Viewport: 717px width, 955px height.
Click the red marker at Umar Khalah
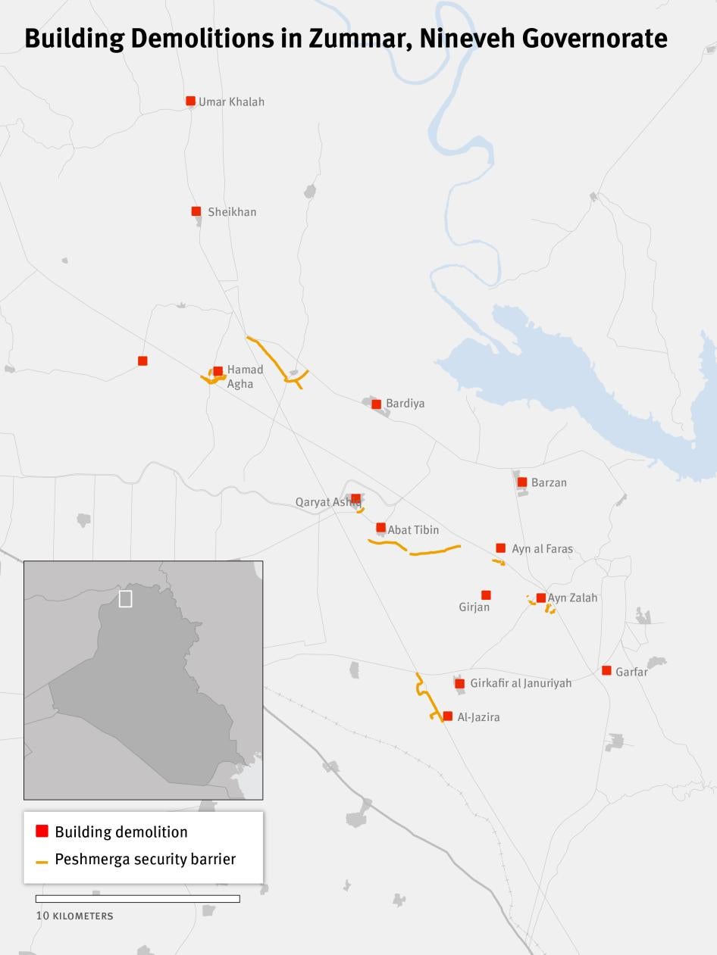(190, 101)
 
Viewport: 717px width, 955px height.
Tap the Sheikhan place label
(232, 212)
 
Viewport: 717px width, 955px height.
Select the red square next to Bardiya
(376, 404)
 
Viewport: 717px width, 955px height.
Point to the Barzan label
(549, 482)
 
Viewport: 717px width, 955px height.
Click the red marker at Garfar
(606, 670)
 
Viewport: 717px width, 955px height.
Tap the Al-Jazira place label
(478, 717)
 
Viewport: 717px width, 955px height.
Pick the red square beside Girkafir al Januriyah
(459, 684)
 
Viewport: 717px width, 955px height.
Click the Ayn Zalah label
(573, 598)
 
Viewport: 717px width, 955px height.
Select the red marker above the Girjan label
(486, 595)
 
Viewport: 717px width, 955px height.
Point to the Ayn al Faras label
(542, 549)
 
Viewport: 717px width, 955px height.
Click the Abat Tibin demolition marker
(380, 528)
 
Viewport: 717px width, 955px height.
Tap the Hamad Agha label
(245, 376)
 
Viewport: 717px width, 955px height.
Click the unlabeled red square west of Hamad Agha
(142, 360)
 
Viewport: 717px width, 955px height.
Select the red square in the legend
(42, 832)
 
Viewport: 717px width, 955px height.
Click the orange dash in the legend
(42, 861)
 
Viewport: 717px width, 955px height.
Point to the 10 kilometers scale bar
(137, 899)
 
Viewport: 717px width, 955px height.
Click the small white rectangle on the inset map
(125, 598)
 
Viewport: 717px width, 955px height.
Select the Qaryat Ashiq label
(326, 502)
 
